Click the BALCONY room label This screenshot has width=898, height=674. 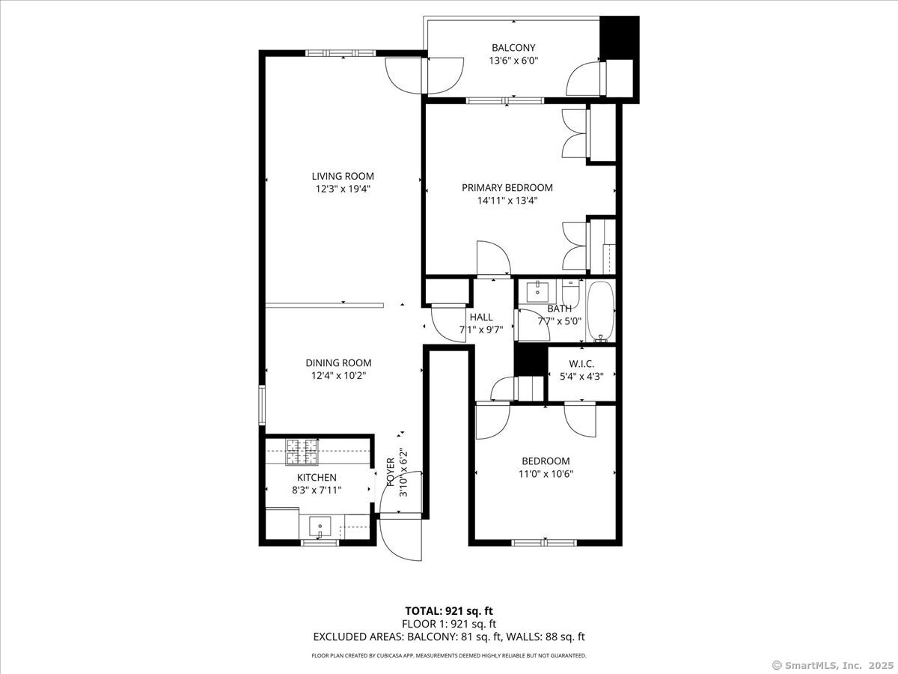513,48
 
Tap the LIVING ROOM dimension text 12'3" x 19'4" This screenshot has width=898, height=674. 343,189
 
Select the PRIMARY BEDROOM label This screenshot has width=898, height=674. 507,188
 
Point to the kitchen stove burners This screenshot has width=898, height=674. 302,452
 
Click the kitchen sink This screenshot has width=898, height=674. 320,526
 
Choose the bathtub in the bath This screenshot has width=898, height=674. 601,311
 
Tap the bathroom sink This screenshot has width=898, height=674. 537,291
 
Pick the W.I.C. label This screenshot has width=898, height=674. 581,363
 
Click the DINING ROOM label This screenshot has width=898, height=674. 338,363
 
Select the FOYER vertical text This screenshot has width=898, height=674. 391,473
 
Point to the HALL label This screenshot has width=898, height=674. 481,317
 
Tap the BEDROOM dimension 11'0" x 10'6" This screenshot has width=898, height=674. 546,474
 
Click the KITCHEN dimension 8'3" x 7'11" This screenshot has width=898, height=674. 317,491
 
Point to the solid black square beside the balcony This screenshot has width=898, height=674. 620,37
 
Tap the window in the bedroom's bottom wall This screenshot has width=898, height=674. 544,543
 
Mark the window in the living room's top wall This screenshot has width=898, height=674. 340,52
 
